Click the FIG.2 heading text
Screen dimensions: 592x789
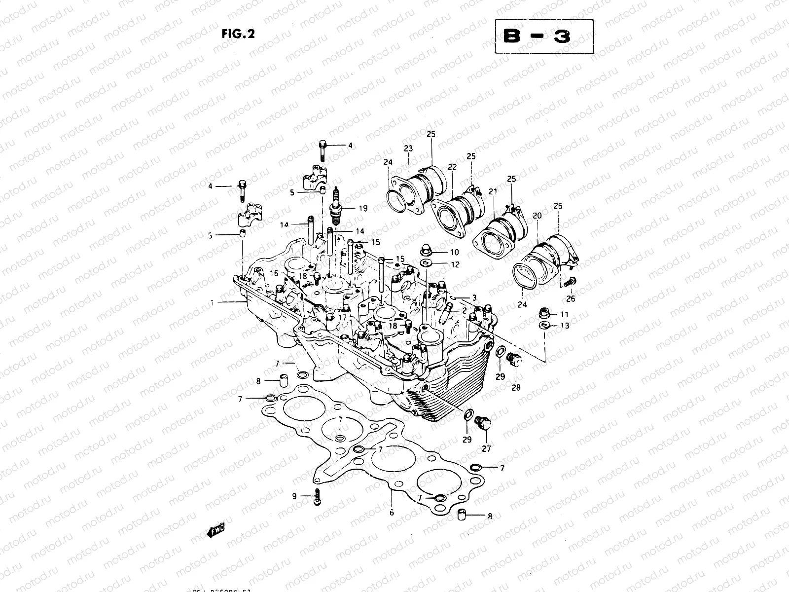(237, 34)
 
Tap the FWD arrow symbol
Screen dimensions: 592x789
(215, 531)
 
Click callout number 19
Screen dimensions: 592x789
(363, 209)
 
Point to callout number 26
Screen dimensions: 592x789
(571, 298)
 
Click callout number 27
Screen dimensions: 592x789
(486, 448)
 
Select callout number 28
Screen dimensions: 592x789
(516, 387)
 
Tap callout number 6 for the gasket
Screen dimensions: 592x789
(392, 513)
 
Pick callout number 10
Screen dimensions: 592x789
(454, 253)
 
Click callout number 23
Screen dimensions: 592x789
(408, 148)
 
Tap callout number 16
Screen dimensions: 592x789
(274, 273)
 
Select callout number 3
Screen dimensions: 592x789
(474, 298)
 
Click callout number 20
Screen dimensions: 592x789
(537, 216)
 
